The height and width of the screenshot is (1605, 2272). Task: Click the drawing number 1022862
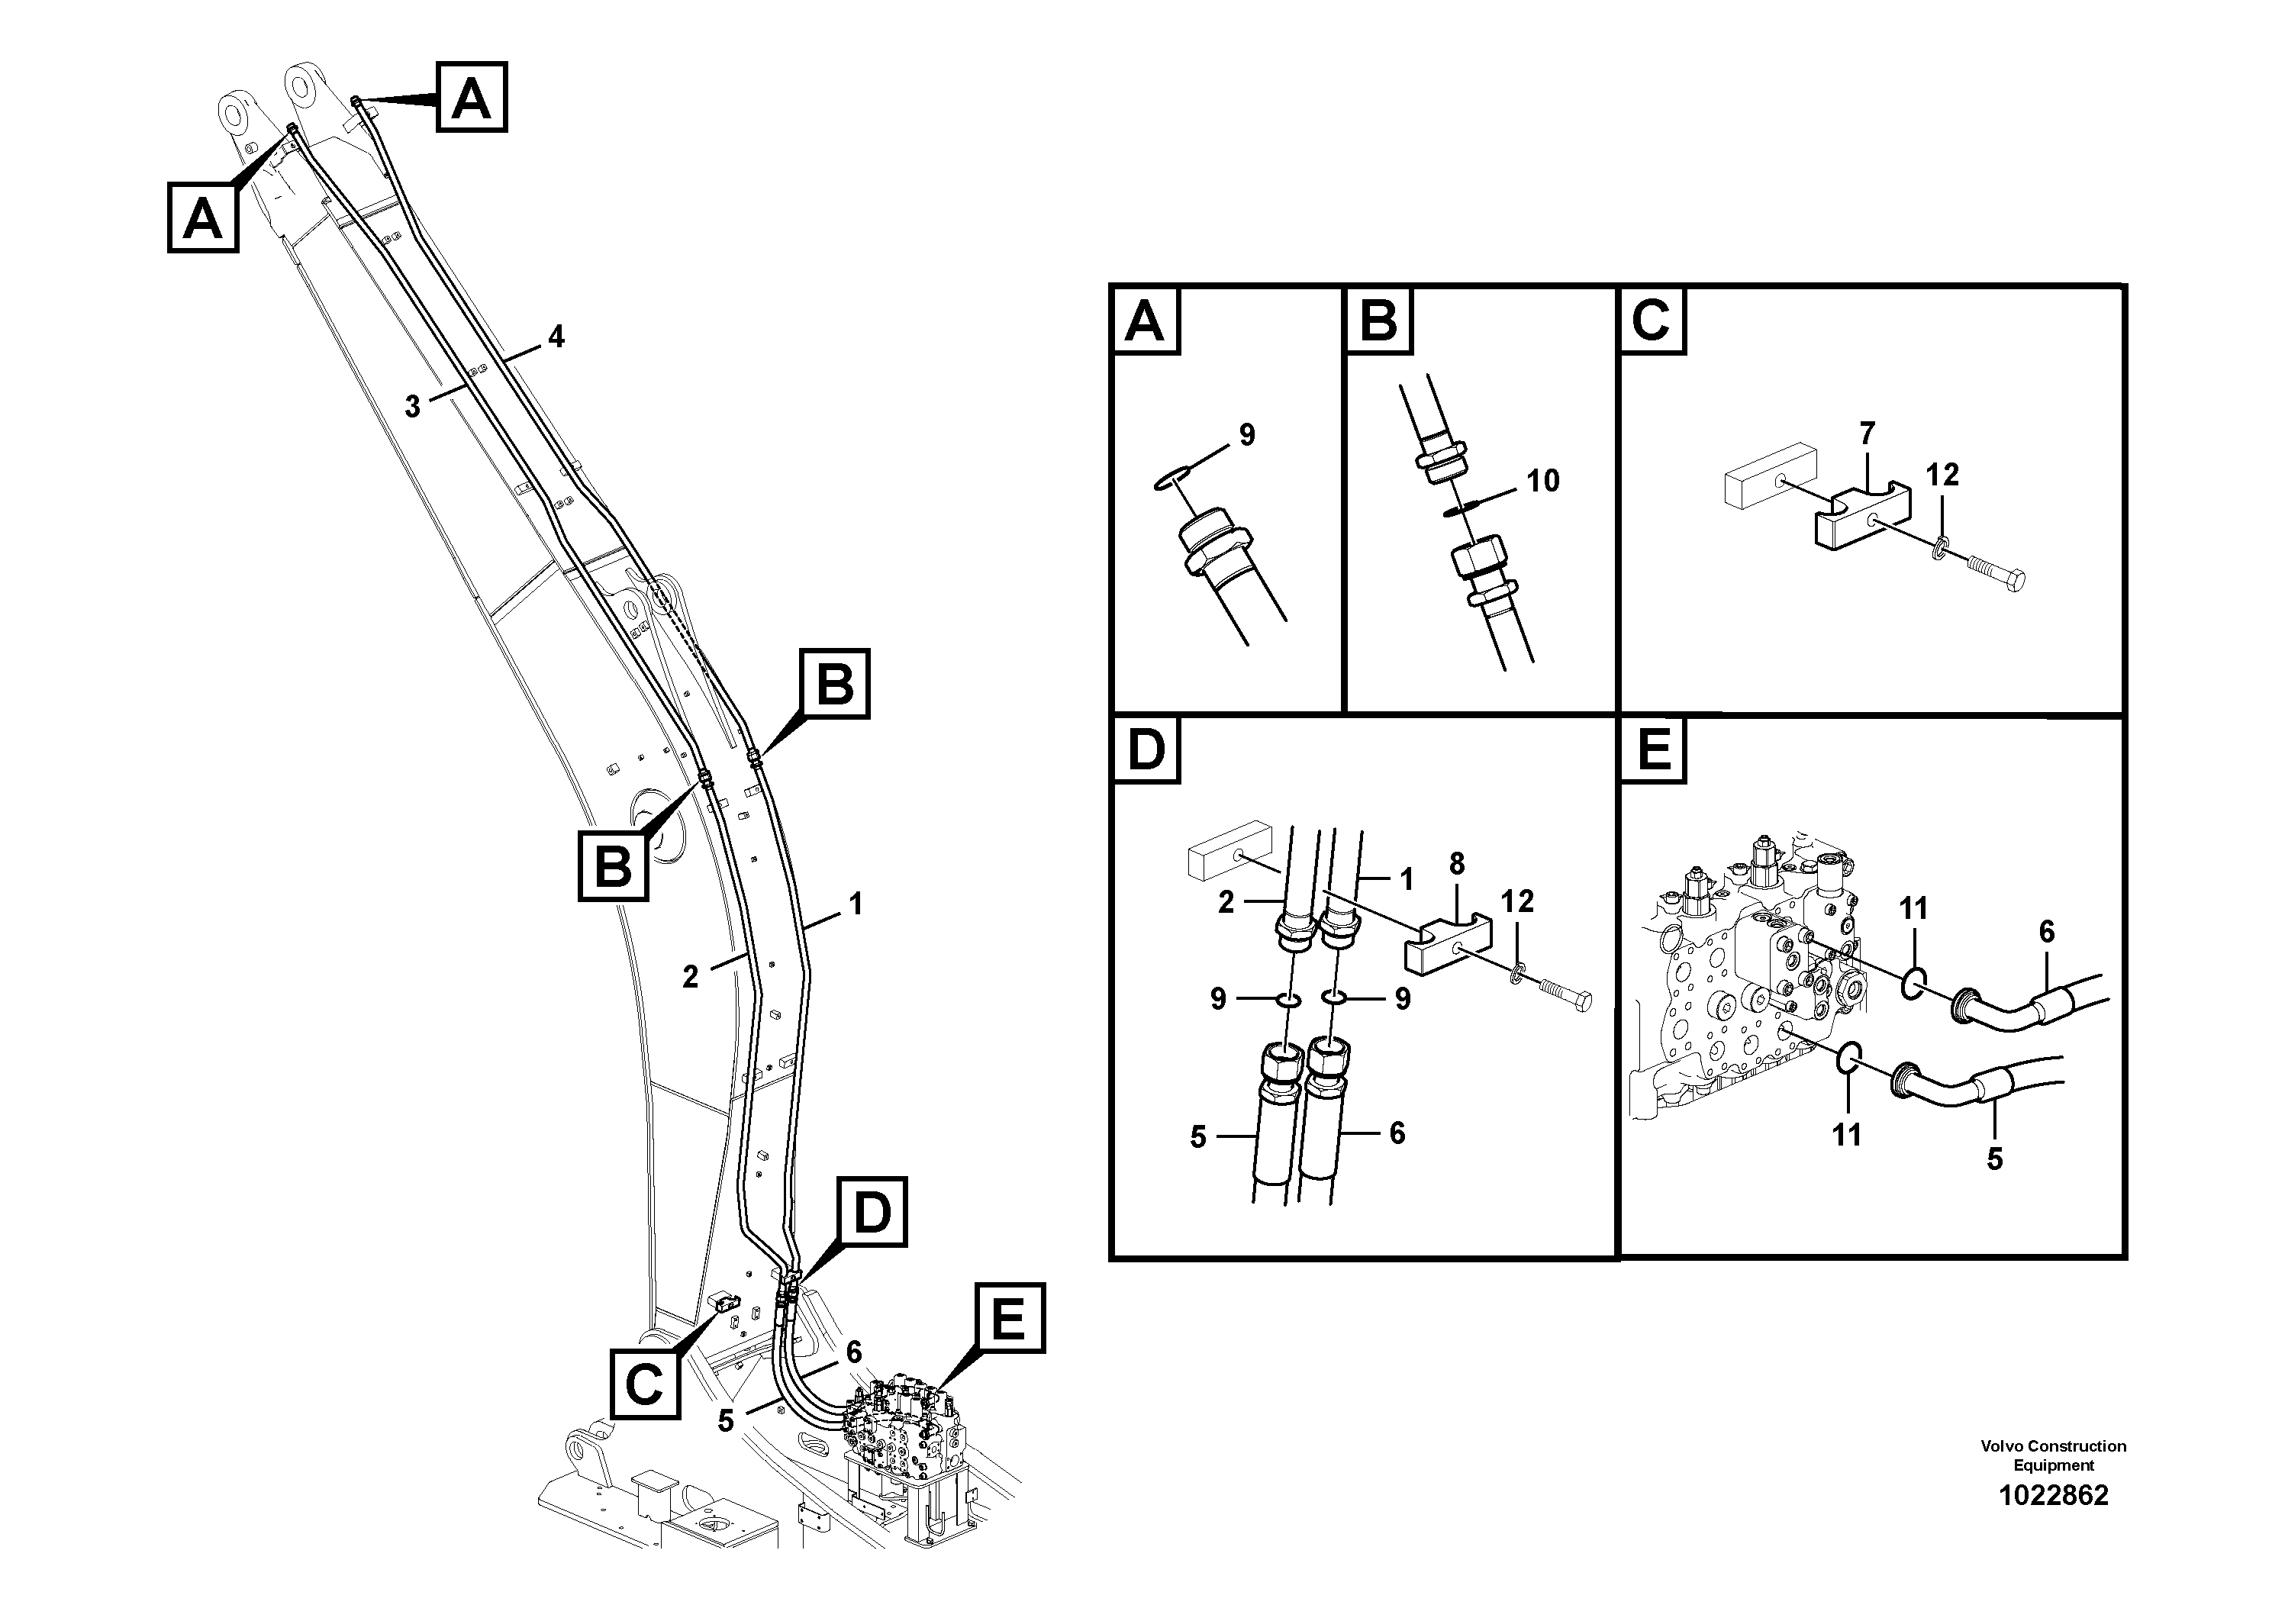(2053, 1495)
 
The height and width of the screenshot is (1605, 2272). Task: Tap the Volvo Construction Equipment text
(2053, 1455)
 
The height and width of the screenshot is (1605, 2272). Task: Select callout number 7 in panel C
(1868, 433)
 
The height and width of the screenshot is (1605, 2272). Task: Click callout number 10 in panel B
(1542, 481)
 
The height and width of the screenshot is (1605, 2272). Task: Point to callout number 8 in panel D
(1457, 864)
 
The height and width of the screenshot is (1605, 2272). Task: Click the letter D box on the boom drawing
(872, 1211)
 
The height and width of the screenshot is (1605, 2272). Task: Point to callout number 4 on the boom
(557, 337)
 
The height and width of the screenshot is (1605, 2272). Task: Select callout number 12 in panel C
(1942, 475)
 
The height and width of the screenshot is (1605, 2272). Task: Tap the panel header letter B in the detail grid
(1378, 321)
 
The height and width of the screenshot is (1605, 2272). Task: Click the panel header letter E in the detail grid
(1655, 749)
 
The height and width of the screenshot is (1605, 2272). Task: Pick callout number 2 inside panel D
(1226, 901)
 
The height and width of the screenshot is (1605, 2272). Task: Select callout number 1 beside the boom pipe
(856, 904)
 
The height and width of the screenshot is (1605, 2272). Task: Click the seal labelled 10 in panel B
(1461, 508)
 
